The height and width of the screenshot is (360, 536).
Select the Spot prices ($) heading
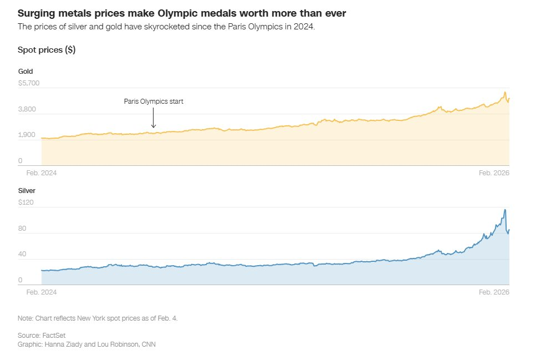(47, 50)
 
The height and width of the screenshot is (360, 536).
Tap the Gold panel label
(25, 72)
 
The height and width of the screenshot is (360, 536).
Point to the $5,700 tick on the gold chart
(29, 83)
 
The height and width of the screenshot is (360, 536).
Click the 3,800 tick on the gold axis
(28, 109)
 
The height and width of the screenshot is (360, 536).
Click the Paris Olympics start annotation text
(153, 102)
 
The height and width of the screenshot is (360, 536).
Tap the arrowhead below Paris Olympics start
(154, 127)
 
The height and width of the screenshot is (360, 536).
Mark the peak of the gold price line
(505, 92)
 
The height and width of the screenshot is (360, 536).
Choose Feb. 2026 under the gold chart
(494, 173)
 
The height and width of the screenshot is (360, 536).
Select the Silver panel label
(27, 191)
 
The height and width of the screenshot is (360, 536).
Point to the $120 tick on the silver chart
(25, 202)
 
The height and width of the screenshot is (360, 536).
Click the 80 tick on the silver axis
(23, 229)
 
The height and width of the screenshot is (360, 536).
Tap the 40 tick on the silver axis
(23, 254)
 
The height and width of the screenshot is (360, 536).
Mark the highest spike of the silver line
(505, 210)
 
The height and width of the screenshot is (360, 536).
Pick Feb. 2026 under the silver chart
(494, 292)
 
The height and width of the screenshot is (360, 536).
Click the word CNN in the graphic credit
(149, 344)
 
